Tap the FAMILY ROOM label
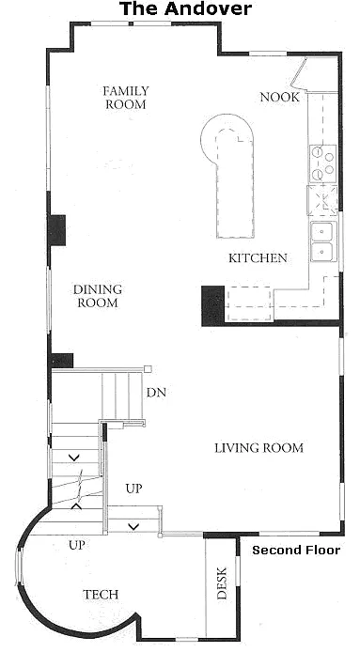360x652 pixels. tap(126, 98)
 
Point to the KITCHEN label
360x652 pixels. tap(258, 257)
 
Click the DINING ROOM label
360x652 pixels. tap(97, 296)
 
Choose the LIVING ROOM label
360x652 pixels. tap(258, 448)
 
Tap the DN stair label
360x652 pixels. tap(156, 393)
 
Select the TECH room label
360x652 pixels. tap(100, 594)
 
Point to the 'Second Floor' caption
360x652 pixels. tap(295, 550)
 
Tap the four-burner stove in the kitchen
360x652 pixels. tap(323, 163)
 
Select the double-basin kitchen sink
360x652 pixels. tap(323, 241)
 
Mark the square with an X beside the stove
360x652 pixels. tap(323, 199)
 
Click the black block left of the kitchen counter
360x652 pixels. tap(212, 304)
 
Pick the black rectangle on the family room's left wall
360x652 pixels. tap(56, 229)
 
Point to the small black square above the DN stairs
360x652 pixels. tap(62, 360)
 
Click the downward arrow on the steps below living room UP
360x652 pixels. tap(134, 524)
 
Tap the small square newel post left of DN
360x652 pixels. tap(148, 368)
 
